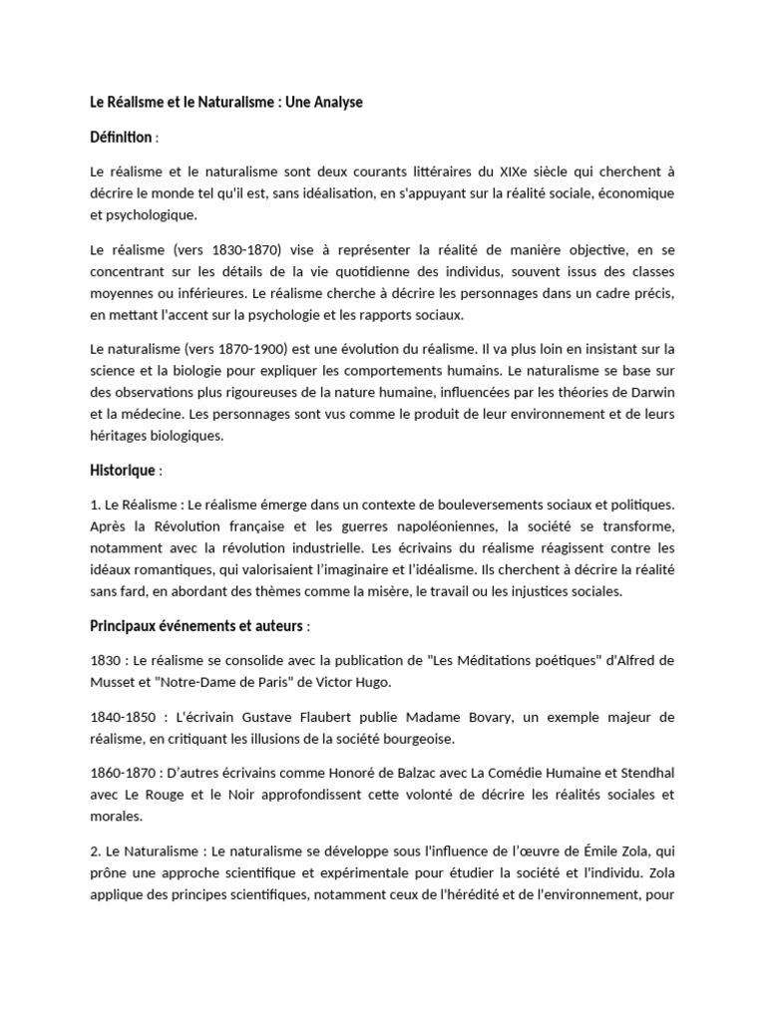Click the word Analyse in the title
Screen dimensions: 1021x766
[335, 103]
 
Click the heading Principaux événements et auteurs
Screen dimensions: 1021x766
[196, 626]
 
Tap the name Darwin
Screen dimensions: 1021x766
[650, 392]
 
